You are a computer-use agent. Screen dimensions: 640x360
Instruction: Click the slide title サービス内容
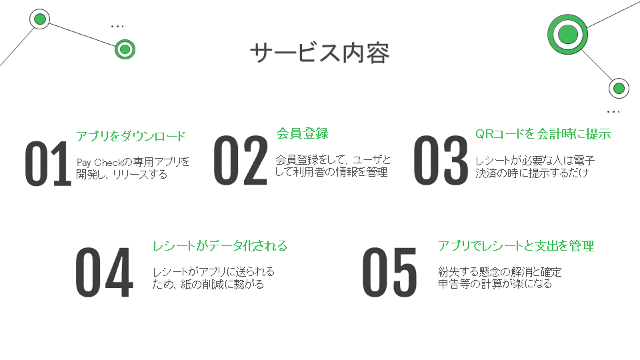click(320, 53)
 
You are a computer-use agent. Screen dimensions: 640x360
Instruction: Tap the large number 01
click(48, 164)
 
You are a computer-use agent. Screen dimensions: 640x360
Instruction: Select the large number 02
click(241, 161)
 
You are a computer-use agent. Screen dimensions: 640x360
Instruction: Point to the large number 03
click(441, 161)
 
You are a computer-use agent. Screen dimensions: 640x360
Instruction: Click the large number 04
click(104, 272)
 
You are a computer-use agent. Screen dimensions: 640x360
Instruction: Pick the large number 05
click(390, 272)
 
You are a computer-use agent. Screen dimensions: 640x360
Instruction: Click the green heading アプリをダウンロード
click(131, 136)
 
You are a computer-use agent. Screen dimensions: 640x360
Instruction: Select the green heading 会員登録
click(303, 133)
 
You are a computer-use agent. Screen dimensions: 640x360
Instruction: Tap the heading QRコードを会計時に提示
click(543, 133)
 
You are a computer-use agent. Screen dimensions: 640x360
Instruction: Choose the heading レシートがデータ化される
click(220, 246)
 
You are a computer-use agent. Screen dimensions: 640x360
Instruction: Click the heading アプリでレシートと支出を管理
click(516, 246)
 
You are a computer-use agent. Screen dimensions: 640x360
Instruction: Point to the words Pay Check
click(99, 163)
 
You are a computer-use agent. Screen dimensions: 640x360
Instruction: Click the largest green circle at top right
click(568, 34)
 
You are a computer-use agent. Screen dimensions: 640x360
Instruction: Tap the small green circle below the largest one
click(619, 88)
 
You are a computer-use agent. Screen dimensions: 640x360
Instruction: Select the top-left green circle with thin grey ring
click(40, 19)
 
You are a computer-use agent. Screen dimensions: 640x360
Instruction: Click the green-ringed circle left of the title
click(125, 49)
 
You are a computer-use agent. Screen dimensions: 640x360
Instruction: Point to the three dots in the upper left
click(117, 27)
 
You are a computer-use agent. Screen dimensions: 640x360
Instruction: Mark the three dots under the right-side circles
click(613, 111)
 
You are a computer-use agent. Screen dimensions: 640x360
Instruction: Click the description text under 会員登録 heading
click(333, 166)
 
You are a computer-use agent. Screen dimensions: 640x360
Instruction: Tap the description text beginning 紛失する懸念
click(499, 277)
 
